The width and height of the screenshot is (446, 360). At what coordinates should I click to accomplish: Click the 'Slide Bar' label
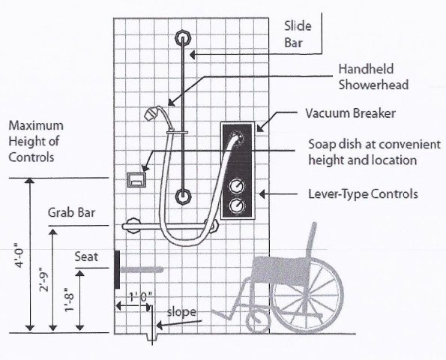point(298,34)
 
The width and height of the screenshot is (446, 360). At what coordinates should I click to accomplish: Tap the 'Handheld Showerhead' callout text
point(373,76)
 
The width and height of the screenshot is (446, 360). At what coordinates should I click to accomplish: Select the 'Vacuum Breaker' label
point(351,113)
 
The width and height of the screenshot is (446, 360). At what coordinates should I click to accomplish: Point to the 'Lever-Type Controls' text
point(364,194)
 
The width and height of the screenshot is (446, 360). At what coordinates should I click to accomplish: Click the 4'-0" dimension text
point(20,255)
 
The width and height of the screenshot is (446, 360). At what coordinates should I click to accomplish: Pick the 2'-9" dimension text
point(44,280)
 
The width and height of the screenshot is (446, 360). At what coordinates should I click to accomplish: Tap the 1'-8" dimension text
point(70,300)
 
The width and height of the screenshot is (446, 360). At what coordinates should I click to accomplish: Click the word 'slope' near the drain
point(181,311)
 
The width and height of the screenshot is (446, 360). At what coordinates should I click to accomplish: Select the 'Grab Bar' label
point(71,212)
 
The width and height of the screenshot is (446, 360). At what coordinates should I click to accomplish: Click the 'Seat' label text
point(86,256)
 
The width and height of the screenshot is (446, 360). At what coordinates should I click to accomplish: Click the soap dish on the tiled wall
point(136,180)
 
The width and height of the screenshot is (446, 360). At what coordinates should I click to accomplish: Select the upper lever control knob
point(237,187)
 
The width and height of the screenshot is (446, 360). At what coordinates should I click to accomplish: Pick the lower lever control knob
point(237,205)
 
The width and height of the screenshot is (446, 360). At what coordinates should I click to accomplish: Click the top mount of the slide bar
point(183,37)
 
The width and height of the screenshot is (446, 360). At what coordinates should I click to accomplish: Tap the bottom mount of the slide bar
point(183,196)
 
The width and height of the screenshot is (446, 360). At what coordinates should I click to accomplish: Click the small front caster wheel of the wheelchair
point(257,322)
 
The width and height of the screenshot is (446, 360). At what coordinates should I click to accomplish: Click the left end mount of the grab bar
point(133,226)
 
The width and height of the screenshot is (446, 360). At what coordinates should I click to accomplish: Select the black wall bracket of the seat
point(117,269)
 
